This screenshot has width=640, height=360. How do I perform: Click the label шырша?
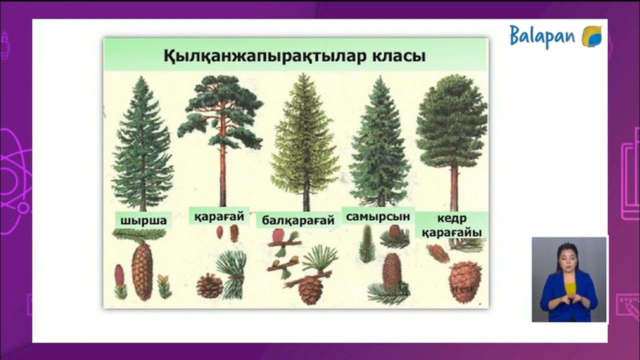click(143, 220)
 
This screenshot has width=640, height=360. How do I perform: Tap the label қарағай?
click(219, 216)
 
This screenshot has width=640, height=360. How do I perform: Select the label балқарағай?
click(298, 220)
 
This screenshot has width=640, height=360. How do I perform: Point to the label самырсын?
click(378, 216)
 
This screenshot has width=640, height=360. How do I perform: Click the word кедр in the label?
click(451, 218)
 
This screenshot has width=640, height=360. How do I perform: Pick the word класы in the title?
click(398, 55)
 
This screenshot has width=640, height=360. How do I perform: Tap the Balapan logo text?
click(542, 36)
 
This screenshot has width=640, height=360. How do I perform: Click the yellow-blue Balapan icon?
click(592, 37)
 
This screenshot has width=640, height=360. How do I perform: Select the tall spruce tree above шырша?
click(142, 145)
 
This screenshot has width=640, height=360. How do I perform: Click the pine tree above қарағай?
click(221, 130)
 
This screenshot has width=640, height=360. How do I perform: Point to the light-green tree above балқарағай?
click(305, 140)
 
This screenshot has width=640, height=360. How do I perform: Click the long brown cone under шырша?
click(142, 271)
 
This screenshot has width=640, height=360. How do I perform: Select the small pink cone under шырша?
click(119, 275)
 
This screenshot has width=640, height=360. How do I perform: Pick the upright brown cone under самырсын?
click(392, 270)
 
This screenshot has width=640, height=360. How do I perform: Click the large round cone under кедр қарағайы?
click(465, 281)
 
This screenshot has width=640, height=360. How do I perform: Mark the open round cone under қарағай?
click(209, 286)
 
